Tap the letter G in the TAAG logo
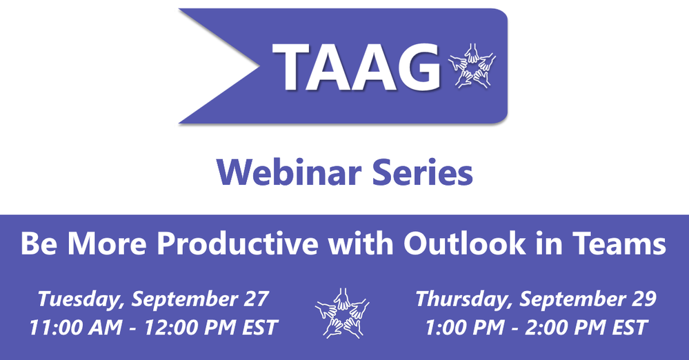[x=418, y=68]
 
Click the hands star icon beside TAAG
[x=472, y=66]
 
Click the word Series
[x=423, y=172]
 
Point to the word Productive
[x=238, y=243]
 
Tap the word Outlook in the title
[x=464, y=243]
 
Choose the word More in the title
[x=106, y=243]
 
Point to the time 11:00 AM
[x=76, y=328]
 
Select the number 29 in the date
[x=643, y=299]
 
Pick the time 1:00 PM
[x=464, y=328]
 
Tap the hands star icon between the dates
[x=342, y=313]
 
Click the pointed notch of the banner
[x=259, y=66]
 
